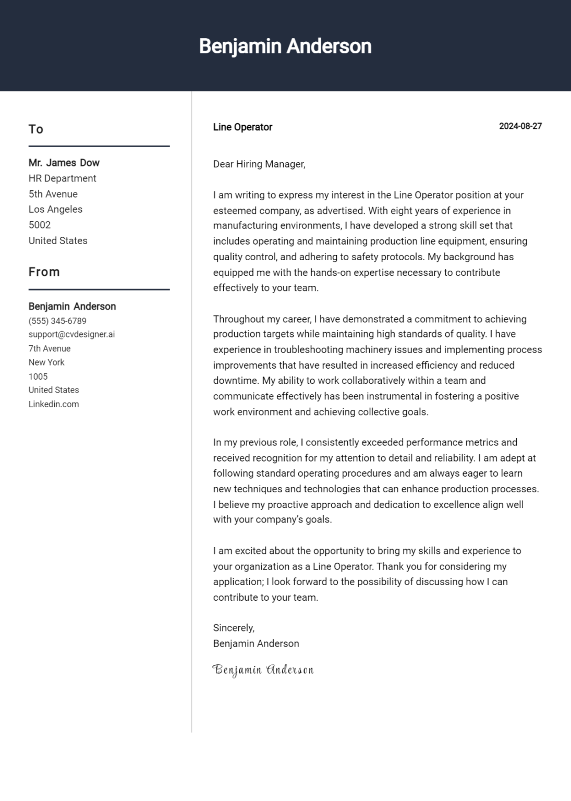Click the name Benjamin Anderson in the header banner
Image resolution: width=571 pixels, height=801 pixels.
tap(285, 46)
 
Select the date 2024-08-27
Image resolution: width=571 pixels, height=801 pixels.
tap(520, 126)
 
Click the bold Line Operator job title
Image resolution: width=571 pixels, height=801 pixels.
tap(242, 127)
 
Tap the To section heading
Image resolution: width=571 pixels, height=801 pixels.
tap(36, 129)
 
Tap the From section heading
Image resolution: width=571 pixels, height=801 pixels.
tap(44, 272)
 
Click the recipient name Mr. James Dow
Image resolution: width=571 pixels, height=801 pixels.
tap(64, 163)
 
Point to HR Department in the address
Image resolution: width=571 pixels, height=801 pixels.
tap(63, 178)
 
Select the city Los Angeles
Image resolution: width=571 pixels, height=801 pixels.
tap(55, 209)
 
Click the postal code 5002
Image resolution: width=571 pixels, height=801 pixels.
tap(40, 225)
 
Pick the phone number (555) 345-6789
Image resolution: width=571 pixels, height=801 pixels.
tap(57, 321)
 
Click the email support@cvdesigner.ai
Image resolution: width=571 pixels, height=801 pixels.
tap(71, 334)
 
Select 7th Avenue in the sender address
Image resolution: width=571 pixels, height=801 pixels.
tap(50, 348)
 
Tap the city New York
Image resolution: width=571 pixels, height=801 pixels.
tap(46, 362)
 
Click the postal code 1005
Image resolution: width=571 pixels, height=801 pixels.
tap(38, 377)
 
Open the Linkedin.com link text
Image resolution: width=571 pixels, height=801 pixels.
tap(54, 404)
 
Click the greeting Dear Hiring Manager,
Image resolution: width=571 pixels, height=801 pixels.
tap(259, 164)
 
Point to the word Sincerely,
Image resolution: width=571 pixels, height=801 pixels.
tap(234, 628)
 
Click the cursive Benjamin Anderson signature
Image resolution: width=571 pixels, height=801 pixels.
tap(263, 670)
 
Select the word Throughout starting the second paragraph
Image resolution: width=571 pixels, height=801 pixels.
tap(238, 319)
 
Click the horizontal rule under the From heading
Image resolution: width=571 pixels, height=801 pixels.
tap(99, 289)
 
